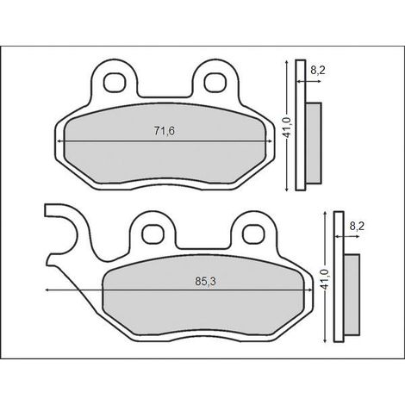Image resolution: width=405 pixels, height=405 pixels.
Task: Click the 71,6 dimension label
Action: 165,131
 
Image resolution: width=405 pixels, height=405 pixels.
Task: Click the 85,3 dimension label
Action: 205,282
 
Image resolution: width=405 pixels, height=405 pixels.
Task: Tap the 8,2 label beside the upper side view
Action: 318,70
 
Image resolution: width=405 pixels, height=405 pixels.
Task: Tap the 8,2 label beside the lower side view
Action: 357,227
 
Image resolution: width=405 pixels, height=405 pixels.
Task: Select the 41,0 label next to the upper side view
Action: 289,127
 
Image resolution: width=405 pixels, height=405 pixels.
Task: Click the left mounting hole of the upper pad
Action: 115,83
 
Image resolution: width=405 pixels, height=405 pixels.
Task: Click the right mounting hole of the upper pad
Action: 215,83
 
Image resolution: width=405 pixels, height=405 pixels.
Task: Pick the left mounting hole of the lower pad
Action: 153,234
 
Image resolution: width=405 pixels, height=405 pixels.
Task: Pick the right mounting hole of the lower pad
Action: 254,234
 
